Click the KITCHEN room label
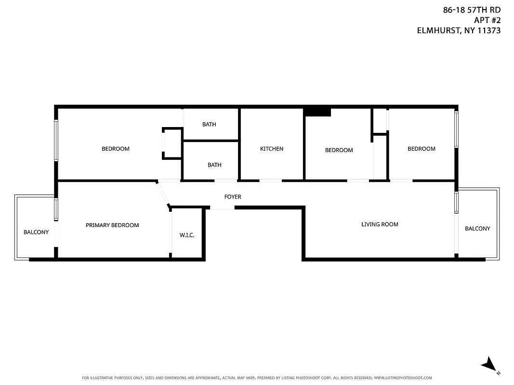click(x=272, y=149)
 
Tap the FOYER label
click(x=233, y=197)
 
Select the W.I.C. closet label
click(x=187, y=235)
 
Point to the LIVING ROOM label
click(x=380, y=224)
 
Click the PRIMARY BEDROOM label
click(x=112, y=225)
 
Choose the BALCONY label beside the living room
click(x=477, y=229)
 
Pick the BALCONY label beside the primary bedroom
click(x=36, y=232)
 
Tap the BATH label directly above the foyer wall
click(x=214, y=165)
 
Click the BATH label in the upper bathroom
click(x=209, y=125)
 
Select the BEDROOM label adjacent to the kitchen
click(x=339, y=150)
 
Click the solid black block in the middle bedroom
click(x=317, y=112)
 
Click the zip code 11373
click(x=488, y=30)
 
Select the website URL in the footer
click(x=403, y=378)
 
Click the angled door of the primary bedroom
click(x=163, y=194)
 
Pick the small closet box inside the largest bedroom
click(x=172, y=143)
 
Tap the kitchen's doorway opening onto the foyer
click(x=271, y=181)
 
